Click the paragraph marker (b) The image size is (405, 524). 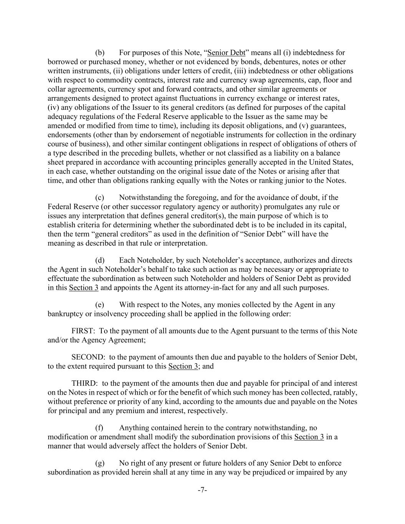pos(100,53)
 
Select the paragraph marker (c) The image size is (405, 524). pos(100,197)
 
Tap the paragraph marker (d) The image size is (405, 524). pos(100,260)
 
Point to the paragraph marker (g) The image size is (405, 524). pos(100,463)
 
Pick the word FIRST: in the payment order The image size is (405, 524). pos(83,331)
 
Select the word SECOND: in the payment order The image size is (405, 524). pos(88,357)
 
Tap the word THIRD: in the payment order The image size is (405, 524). pos(85,383)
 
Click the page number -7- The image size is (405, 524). pos(202,490)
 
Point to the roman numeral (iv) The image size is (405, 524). pos(54,107)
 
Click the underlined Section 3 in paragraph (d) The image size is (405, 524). pos(84,288)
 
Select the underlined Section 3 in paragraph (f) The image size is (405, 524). pos(309,437)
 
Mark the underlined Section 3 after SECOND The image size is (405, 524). pos(183,366)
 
